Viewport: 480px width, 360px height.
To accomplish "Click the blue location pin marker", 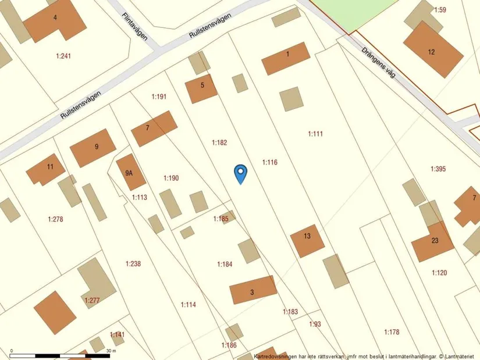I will click(x=240, y=173).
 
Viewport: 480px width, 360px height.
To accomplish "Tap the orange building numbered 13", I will click(x=307, y=240).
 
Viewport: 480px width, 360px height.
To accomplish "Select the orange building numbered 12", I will click(x=433, y=50).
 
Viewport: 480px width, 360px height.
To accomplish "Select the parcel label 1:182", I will click(x=219, y=142).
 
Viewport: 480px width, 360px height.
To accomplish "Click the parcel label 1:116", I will click(x=269, y=162).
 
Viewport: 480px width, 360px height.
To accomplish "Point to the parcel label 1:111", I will click(x=315, y=134).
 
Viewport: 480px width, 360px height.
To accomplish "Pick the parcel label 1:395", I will click(x=438, y=169).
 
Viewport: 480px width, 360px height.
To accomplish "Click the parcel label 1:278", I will click(x=55, y=219).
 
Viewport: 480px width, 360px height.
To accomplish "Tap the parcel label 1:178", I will click(x=392, y=332).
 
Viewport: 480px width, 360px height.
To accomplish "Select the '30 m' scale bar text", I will click(x=112, y=351).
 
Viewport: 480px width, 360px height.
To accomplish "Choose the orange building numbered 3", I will click(x=253, y=290).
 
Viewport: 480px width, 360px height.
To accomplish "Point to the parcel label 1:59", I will click(x=440, y=10).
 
